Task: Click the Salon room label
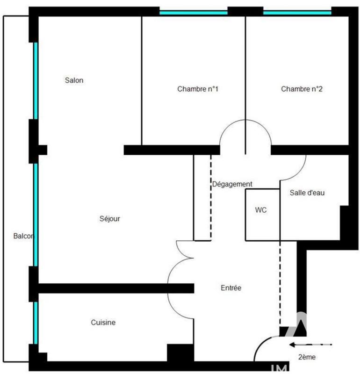point(74,80)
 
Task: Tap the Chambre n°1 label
point(198,89)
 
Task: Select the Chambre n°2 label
point(302,89)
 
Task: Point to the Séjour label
point(110,218)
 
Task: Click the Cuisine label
point(103,322)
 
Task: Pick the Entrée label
point(231,288)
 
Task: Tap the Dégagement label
point(232,184)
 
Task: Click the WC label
point(261,210)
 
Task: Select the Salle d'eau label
point(307,193)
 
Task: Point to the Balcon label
point(23,236)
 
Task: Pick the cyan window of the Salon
point(35,80)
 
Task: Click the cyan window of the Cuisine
point(35,323)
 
